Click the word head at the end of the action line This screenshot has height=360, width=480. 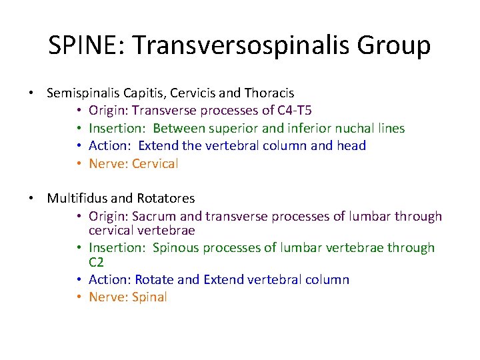coord(351,145)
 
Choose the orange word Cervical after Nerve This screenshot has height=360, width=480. coord(155,163)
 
